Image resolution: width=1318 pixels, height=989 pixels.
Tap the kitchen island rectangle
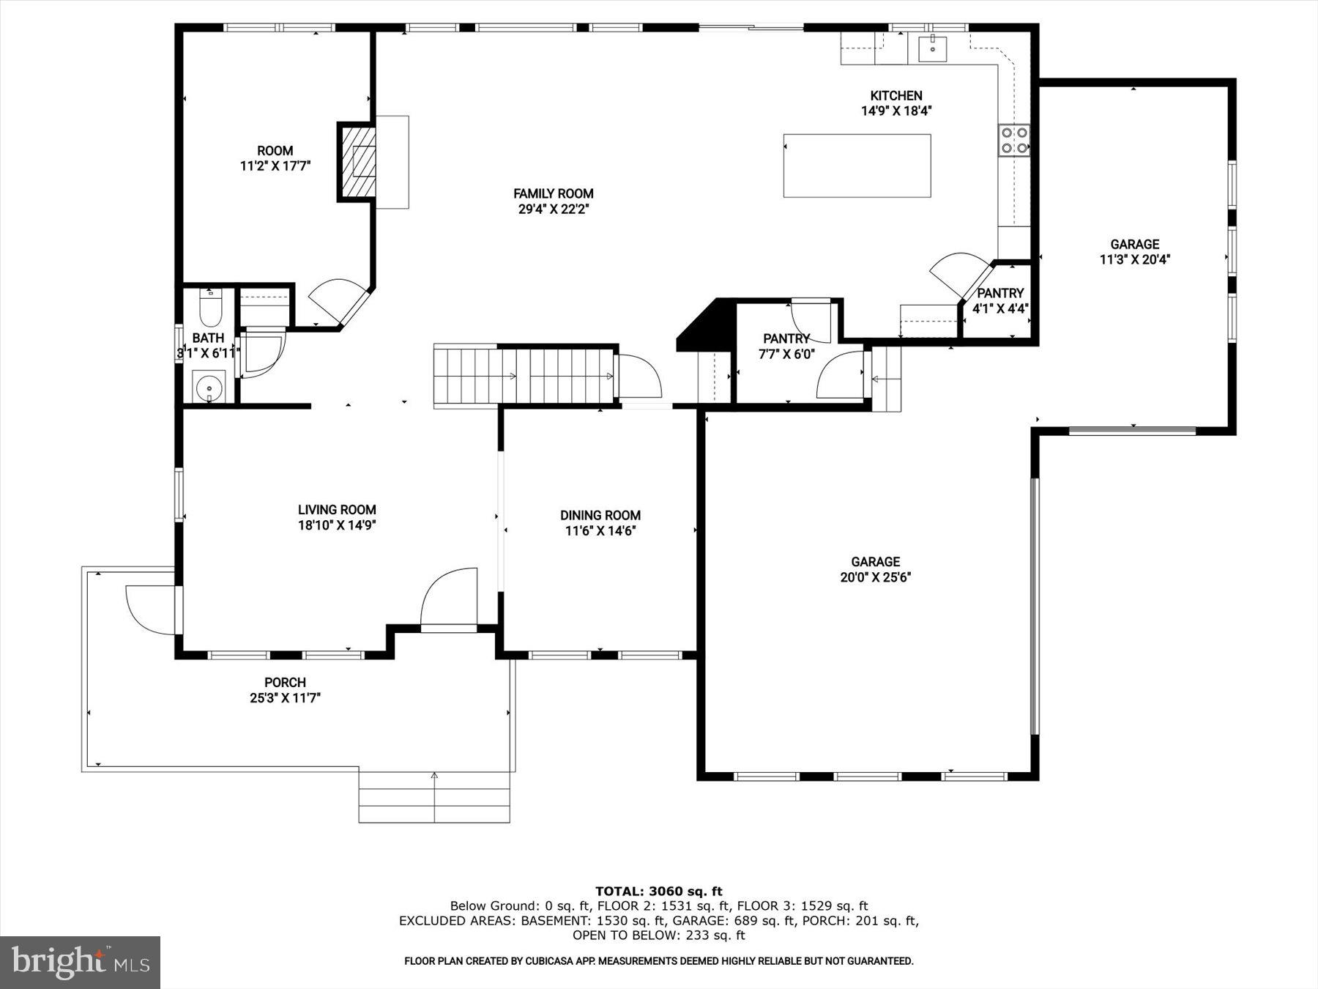tap(857, 166)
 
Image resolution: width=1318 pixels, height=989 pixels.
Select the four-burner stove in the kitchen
tap(1014, 141)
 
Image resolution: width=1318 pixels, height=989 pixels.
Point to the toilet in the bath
tap(210, 309)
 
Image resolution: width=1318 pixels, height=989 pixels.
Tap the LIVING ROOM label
tap(337, 510)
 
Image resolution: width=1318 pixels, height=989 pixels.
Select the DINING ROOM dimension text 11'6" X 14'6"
tap(600, 531)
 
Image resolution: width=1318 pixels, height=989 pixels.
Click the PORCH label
tap(285, 682)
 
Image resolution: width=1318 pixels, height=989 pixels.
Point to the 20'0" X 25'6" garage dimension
tap(875, 577)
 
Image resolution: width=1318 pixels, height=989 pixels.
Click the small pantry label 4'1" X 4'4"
tap(1000, 308)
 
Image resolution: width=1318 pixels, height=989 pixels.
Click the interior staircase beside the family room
tap(525, 375)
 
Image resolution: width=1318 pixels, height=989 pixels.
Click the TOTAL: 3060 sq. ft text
tap(658, 891)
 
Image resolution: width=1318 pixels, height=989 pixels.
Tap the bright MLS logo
tap(80, 962)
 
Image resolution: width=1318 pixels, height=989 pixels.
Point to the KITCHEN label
tap(896, 95)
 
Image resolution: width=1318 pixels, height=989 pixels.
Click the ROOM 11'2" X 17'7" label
tap(275, 158)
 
